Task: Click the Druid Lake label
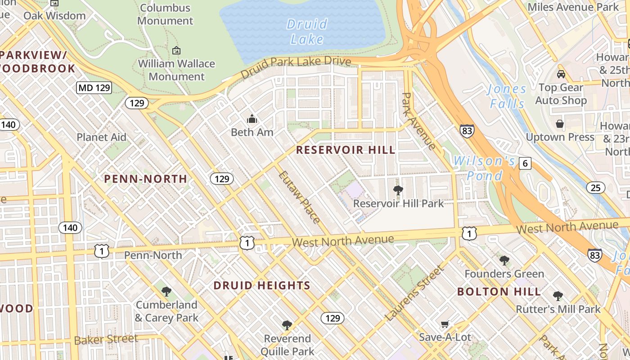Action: tap(307, 31)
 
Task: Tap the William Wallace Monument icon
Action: tap(176, 51)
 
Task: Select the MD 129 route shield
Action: tap(94, 87)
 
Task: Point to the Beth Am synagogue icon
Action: tap(252, 119)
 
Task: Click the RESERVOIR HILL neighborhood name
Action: tap(346, 150)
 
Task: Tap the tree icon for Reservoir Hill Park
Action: tap(398, 190)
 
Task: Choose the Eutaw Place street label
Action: tap(299, 197)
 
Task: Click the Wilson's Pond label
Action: tap(484, 168)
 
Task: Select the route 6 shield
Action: tap(525, 163)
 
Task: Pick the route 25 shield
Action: tap(595, 188)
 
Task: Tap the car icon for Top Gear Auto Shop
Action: tap(561, 74)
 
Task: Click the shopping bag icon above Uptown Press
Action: tap(560, 124)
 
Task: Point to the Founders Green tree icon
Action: tap(504, 261)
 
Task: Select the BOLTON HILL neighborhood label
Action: tap(499, 292)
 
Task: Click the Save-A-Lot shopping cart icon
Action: tap(445, 324)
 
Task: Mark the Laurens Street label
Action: tap(414, 293)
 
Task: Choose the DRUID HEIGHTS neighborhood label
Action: tap(262, 285)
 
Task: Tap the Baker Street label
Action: tap(106, 339)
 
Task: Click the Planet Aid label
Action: tap(101, 137)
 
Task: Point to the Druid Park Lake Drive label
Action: tap(296, 67)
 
